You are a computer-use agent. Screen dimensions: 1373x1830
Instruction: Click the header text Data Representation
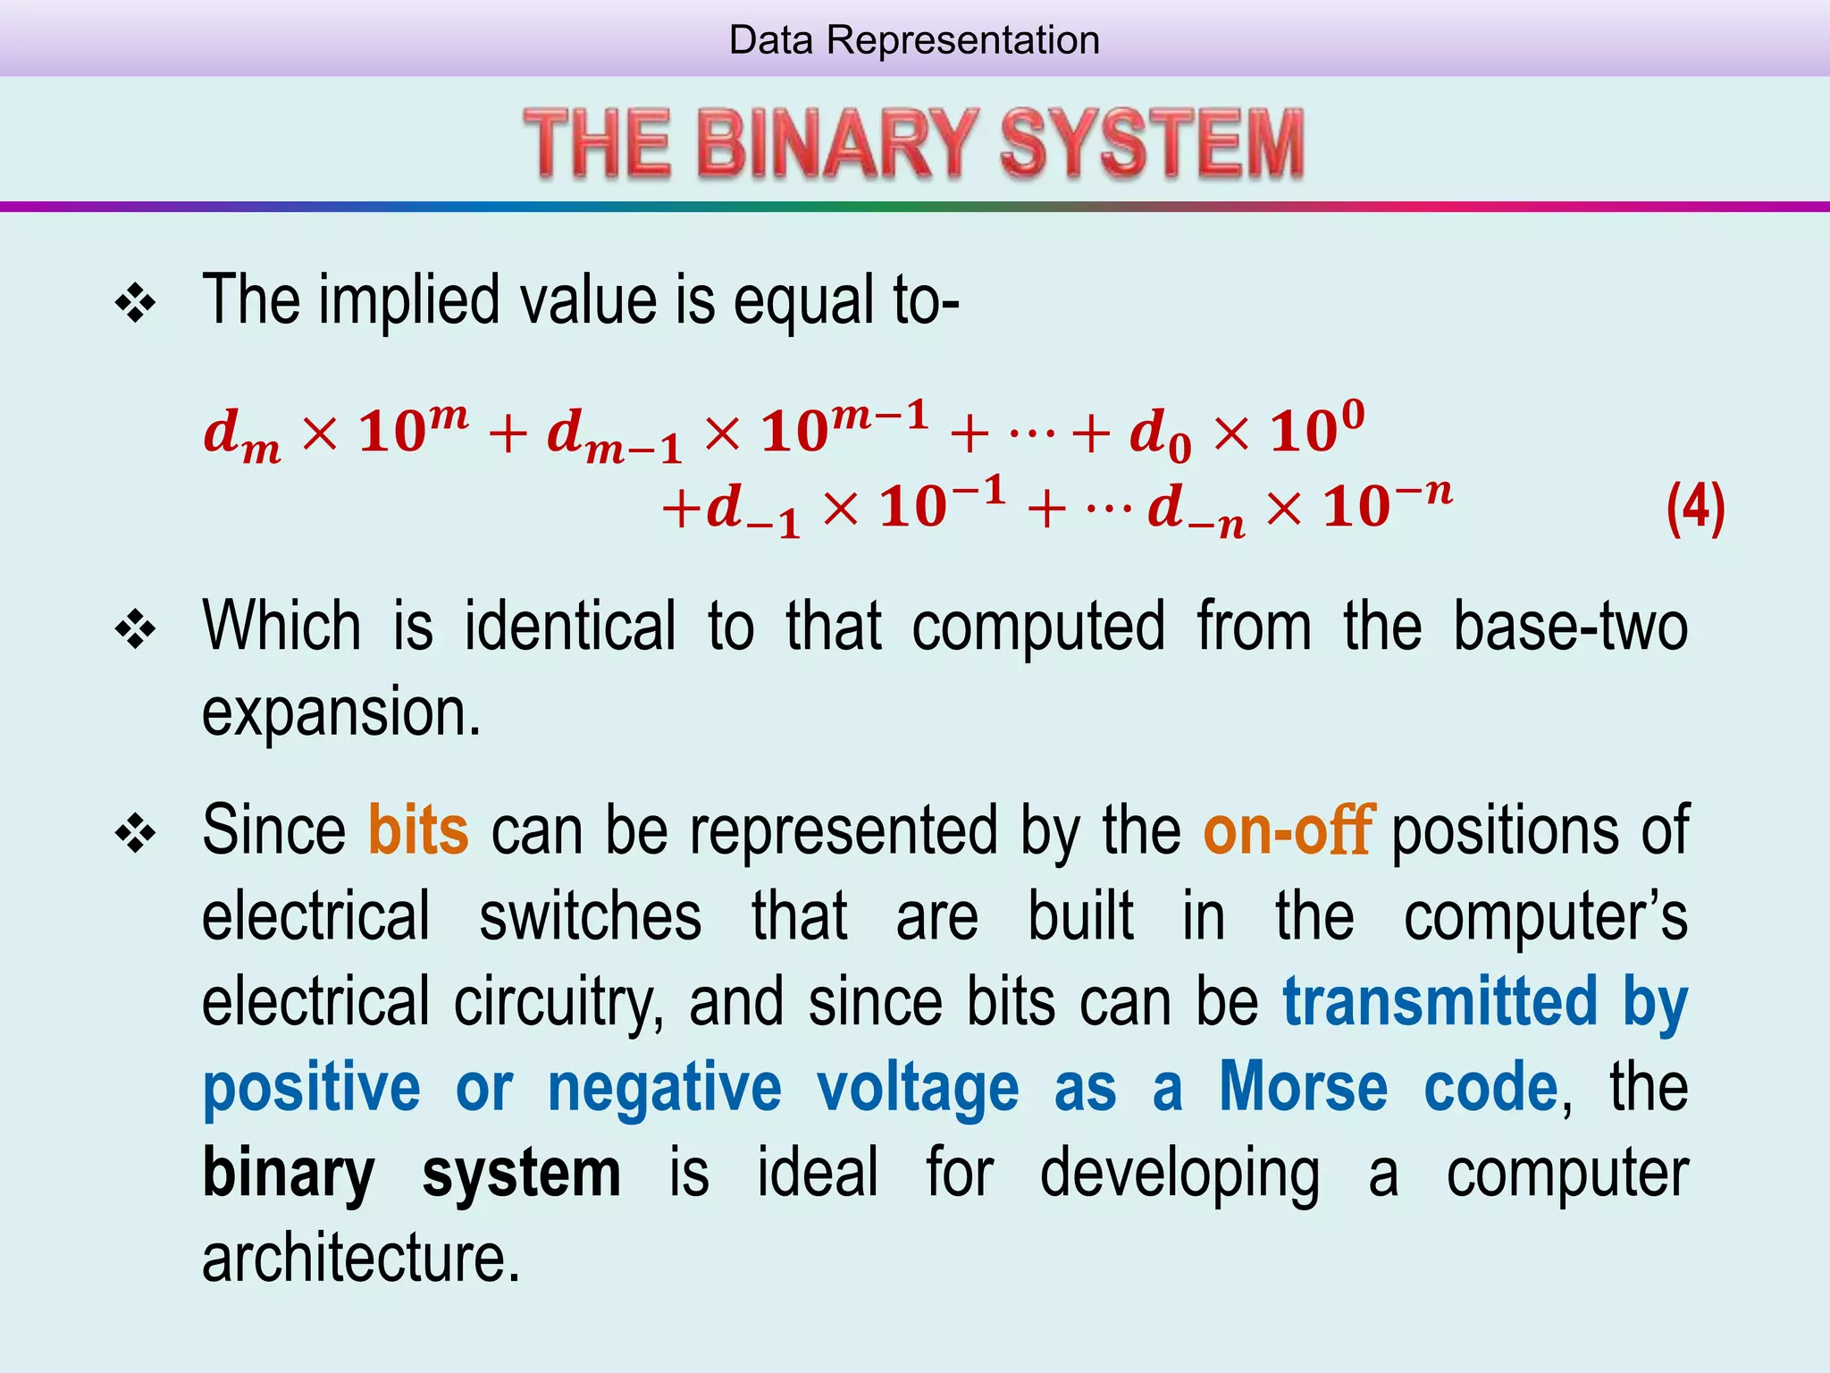click(914, 40)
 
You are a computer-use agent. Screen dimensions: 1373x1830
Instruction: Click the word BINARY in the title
click(837, 143)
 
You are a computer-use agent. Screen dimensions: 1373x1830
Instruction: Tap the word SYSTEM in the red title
click(1151, 143)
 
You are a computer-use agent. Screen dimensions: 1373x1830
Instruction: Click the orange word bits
click(418, 830)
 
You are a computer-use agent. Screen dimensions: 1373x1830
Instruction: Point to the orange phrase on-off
click(1288, 830)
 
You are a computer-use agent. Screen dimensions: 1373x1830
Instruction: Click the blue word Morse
click(1304, 1087)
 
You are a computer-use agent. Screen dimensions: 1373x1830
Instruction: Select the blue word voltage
click(918, 1087)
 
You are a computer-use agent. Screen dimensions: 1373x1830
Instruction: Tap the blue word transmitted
click(1440, 1001)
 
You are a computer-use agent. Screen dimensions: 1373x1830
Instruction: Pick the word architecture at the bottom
click(360, 1259)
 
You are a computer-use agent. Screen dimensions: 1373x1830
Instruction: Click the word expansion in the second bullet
click(340, 712)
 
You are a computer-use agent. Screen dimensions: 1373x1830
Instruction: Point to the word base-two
click(1570, 627)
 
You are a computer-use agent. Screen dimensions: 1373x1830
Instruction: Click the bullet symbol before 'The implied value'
click(136, 304)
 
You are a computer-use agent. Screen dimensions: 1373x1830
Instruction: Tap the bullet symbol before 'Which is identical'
click(136, 630)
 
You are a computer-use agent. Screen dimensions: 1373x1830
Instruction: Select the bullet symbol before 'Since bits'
click(136, 835)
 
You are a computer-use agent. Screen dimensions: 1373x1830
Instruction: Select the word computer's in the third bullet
click(1545, 916)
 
